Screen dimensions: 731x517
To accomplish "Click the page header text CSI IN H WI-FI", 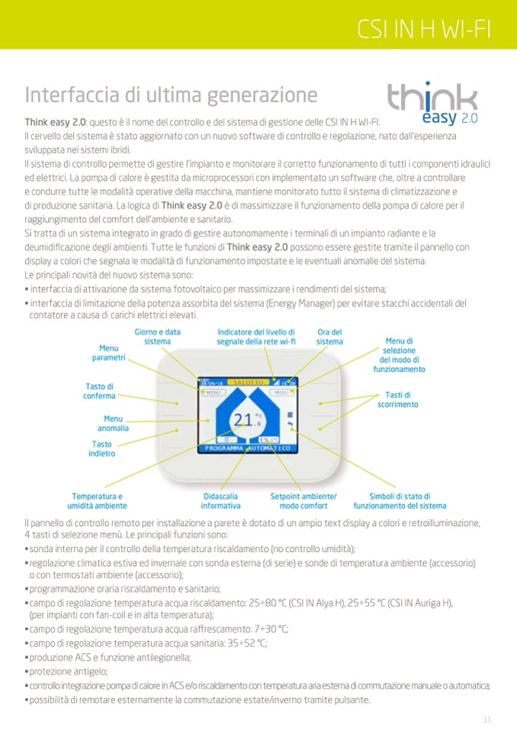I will click(424, 30).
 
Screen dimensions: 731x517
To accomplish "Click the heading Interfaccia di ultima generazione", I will click(171, 95).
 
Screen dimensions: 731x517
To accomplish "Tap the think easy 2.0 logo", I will click(432, 104).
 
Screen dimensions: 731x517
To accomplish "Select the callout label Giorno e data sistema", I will click(157, 337).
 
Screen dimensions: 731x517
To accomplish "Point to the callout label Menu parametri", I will click(109, 353).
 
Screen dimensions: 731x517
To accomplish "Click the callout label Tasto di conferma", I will click(99, 391).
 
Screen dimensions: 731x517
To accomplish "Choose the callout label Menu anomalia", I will click(112, 423).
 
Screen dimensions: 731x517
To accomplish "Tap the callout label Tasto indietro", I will click(101, 449).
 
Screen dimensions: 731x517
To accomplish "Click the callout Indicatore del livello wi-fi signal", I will click(256, 337).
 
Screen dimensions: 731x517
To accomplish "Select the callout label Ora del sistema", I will click(329, 337).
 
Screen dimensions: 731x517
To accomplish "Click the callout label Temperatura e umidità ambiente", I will click(97, 501).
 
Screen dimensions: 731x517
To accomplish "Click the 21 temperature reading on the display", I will click(243, 420).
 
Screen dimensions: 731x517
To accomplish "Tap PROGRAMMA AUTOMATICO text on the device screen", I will click(243, 449).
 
